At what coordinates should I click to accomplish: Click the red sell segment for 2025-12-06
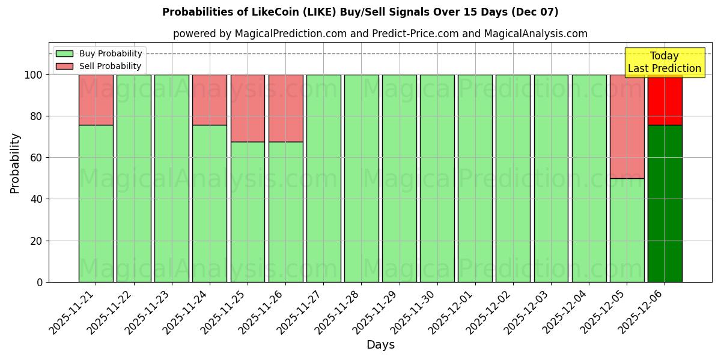tap(665, 100)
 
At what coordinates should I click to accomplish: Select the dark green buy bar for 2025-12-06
tap(665, 203)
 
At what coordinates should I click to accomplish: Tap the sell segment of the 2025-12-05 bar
tap(627, 126)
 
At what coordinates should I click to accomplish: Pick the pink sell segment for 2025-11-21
tap(96, 100)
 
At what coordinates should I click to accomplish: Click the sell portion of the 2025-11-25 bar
tap(248, 108)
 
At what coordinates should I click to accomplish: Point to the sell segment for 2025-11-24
tap(210, 100)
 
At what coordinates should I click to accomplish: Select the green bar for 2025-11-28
tap(361, 178)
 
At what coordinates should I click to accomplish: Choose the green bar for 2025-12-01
tap(475, 178)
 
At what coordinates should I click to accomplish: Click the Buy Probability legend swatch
tap(64, 53)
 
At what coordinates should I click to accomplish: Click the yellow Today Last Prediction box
tap(664, 62)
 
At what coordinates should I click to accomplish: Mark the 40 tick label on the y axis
tap(37, 199)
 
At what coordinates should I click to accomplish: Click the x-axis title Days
tap(380, 345)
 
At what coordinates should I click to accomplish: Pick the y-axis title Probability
tap(15, 163)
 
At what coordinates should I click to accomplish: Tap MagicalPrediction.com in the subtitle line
tap(290, 34)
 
